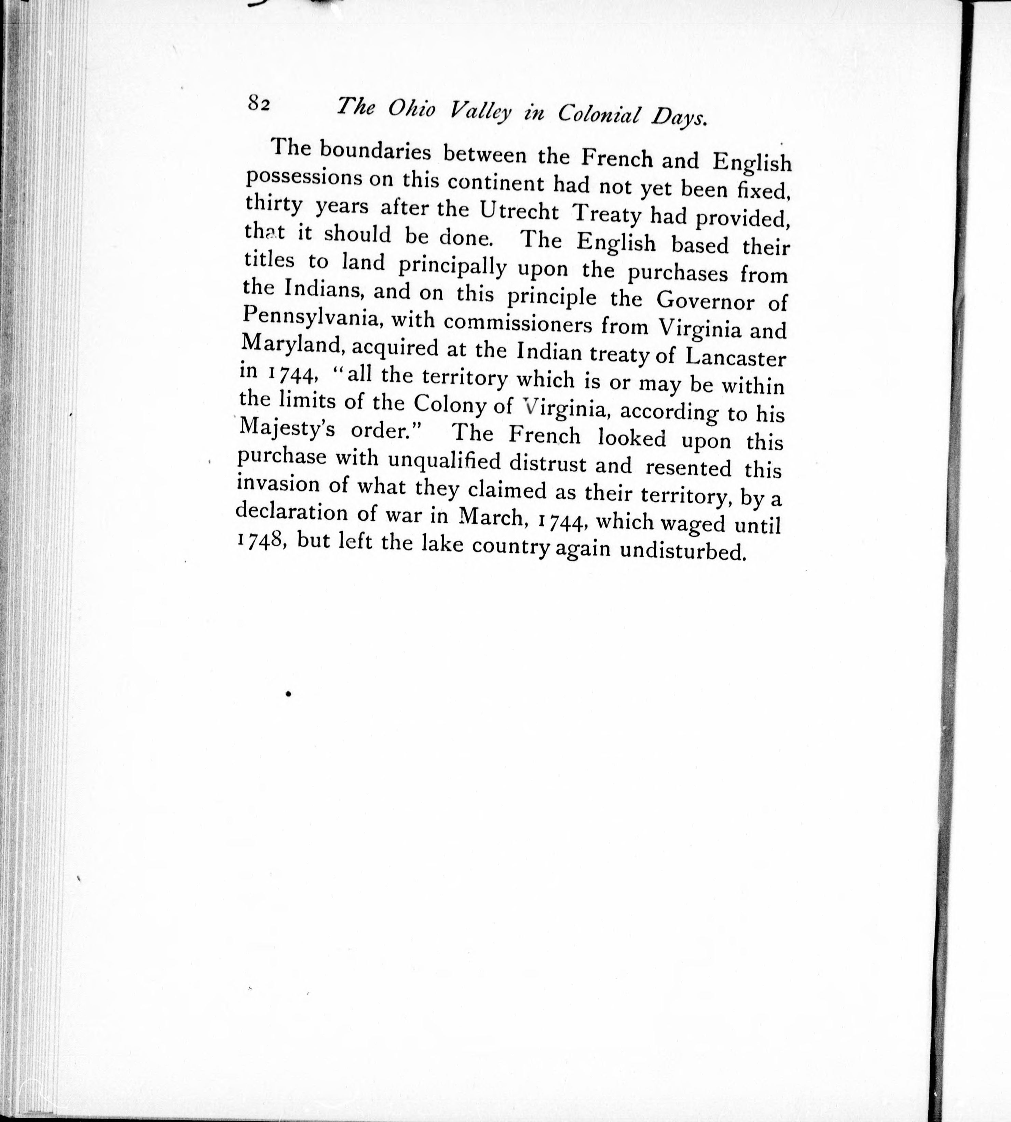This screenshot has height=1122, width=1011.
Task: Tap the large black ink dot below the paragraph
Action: pyautogui.click(x=288, y=694)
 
